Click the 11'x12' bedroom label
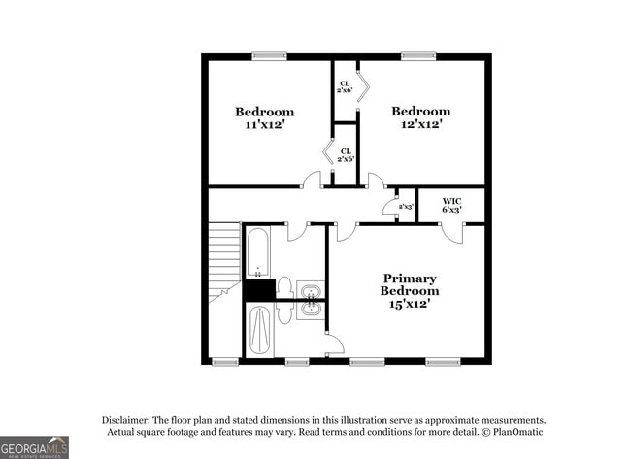[264, 118]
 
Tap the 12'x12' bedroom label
[420, 117]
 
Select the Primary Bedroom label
[409, 291]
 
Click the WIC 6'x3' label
[451, 205]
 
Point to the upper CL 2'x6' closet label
[345, 86]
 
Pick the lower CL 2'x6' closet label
[345, 154]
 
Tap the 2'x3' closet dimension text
[406, 207]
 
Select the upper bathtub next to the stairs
[258, 251]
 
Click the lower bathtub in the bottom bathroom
[260, 330]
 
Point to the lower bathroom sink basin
[311, 311]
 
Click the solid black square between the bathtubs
[258, 290]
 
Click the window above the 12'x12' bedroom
[418, 56]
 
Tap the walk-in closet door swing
[450, 232]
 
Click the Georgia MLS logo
[35, 446]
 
